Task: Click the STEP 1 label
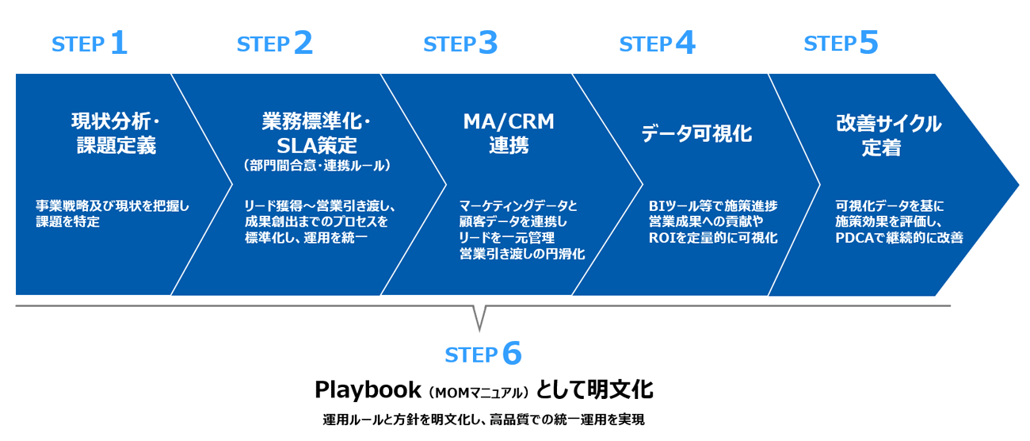[90, 44]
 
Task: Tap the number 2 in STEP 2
[303, 43]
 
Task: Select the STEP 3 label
[460, 44]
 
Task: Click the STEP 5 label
[841, 43]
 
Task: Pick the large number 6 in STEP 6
[512, 354]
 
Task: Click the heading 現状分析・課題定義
[116, 134]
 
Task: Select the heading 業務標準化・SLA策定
[316, 133]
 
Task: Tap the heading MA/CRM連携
[509, 133]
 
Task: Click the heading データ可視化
[696, 134]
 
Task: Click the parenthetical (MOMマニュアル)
[477, 392]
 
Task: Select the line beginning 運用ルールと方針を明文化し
[483, 420]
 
